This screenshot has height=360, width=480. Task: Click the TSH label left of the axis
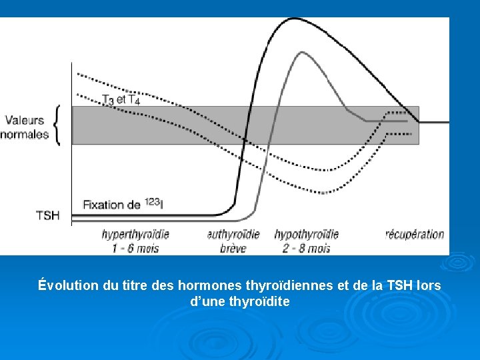[x=47, y=215]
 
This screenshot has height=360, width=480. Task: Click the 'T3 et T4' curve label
[x=121, y=100]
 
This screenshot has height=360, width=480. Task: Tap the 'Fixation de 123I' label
[x=123, y=204]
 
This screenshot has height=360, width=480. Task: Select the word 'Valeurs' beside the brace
[x=25, y=121]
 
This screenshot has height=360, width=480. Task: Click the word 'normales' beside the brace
[x=25, y=134]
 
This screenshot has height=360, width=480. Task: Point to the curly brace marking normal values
[x=58, y=125]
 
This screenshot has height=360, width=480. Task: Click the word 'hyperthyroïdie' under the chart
[x=135, y=235]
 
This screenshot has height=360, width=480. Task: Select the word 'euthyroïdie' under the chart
[x=233, y=235]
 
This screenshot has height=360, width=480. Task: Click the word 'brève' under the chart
[x=233, y=249]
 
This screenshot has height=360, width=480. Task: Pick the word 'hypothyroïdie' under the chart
[x=306, y=235]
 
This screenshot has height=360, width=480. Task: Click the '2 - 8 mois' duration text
[x=306, y=249]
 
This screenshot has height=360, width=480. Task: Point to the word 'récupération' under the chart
[x=415, y=235]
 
